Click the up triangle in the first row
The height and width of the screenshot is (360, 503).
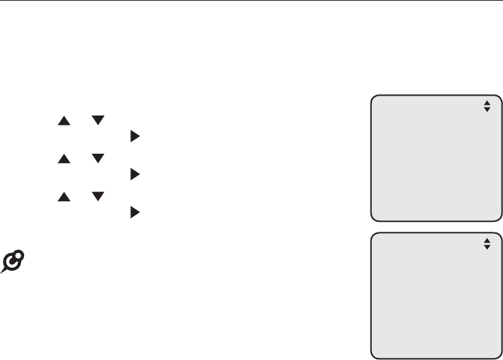64,121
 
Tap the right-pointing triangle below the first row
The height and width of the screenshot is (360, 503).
134,133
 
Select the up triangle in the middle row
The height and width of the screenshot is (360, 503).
64,159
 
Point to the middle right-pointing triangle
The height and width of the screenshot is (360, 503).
134,172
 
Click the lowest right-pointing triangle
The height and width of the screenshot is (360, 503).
134,211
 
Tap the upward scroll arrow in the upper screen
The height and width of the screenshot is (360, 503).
487,103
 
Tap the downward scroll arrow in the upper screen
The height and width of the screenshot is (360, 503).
487,110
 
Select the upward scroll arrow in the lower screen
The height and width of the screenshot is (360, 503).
487,240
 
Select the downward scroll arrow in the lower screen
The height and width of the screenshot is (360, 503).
487,247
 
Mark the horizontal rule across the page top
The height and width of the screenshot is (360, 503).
252,1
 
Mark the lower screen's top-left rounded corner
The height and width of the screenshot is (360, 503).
374,235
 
